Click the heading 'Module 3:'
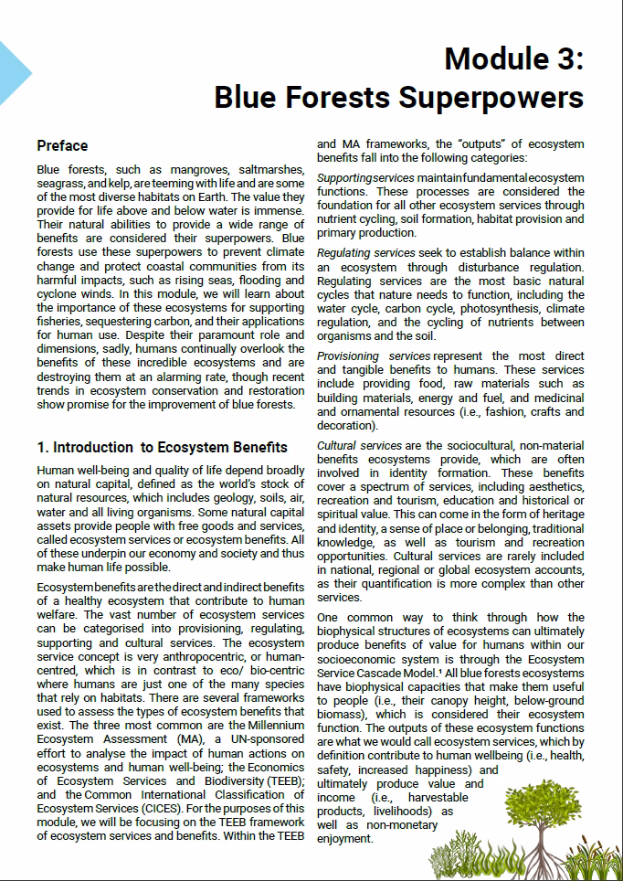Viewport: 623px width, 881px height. [513, 60]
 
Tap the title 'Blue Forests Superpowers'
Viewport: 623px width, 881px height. [398, 96]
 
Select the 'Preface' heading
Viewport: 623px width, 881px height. [62, 145]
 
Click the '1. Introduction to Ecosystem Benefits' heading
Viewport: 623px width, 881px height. [162, 447]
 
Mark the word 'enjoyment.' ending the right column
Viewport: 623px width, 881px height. [345, 838]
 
